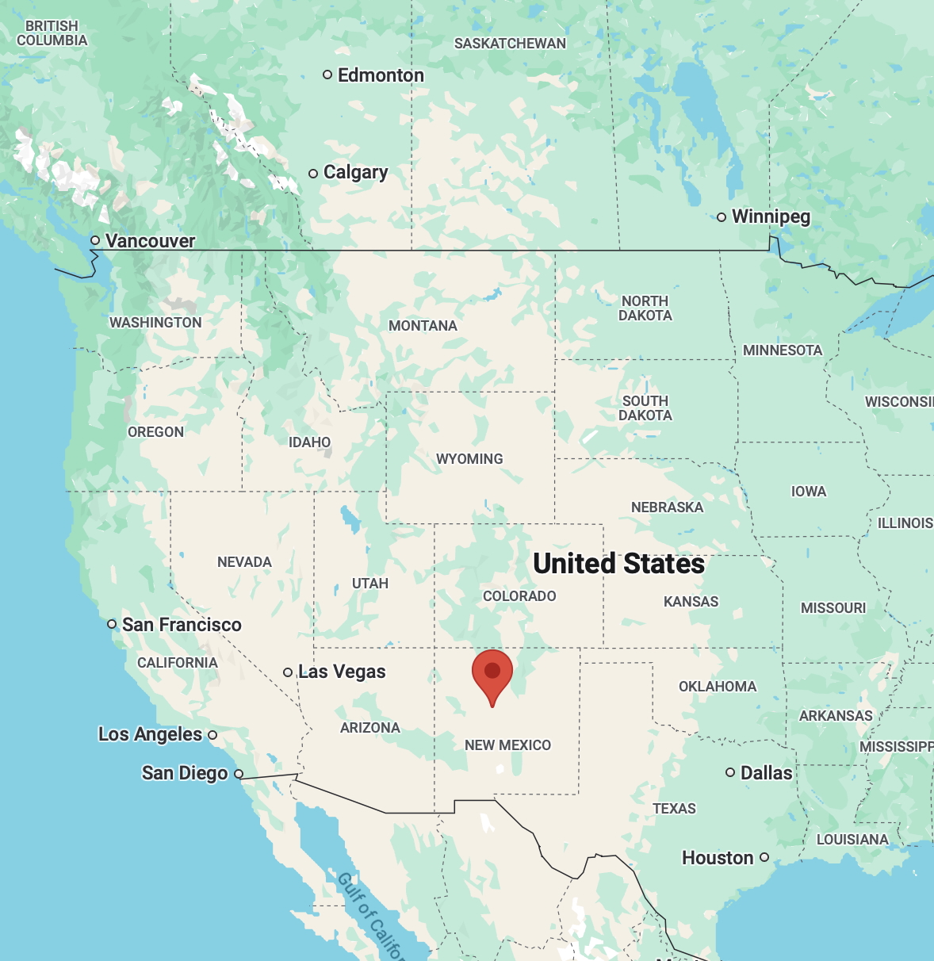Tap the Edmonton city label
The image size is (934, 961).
click(381, 75)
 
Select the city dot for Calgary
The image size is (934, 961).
click(313, 173)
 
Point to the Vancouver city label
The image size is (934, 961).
click(150, 241)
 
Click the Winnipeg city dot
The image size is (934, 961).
click(722, 217)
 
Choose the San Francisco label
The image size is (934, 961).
click(182, 625)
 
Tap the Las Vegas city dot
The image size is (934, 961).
click(288, 672)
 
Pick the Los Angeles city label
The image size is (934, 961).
click(150, 734)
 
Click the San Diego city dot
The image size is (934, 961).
click(239, 774)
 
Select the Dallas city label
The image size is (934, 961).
click(766, 773)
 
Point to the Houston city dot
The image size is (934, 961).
click(764, 857)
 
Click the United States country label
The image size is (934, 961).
click(618, 564)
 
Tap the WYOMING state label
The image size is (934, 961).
click(469, 459)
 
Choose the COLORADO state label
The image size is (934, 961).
click(519, 596)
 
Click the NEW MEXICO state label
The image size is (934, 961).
click(507, 745)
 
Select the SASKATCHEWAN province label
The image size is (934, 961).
click(510, 44)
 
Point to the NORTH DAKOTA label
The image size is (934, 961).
click(645, 308)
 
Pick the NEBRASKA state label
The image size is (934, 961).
click(667, 507)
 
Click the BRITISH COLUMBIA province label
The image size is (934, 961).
click(52, 33)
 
